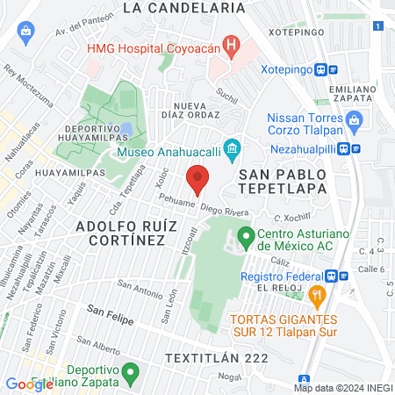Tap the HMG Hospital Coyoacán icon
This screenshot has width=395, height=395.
[231, 43]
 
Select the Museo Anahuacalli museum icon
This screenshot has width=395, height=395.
[232, 149]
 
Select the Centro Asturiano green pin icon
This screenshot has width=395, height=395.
[246, 236]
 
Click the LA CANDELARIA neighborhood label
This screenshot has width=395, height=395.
[184, 8]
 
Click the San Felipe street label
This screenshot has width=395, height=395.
[110, 315]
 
